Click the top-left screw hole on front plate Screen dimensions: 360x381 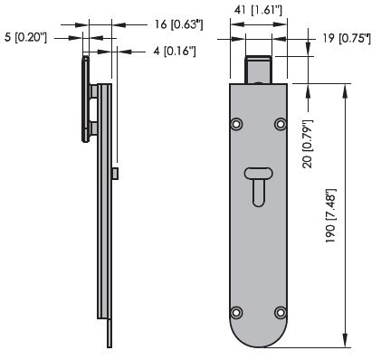[236, 123]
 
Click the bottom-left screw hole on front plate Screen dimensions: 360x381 [236, 312]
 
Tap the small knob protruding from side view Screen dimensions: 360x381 [116, 172]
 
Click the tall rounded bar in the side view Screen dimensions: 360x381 [85, 99]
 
